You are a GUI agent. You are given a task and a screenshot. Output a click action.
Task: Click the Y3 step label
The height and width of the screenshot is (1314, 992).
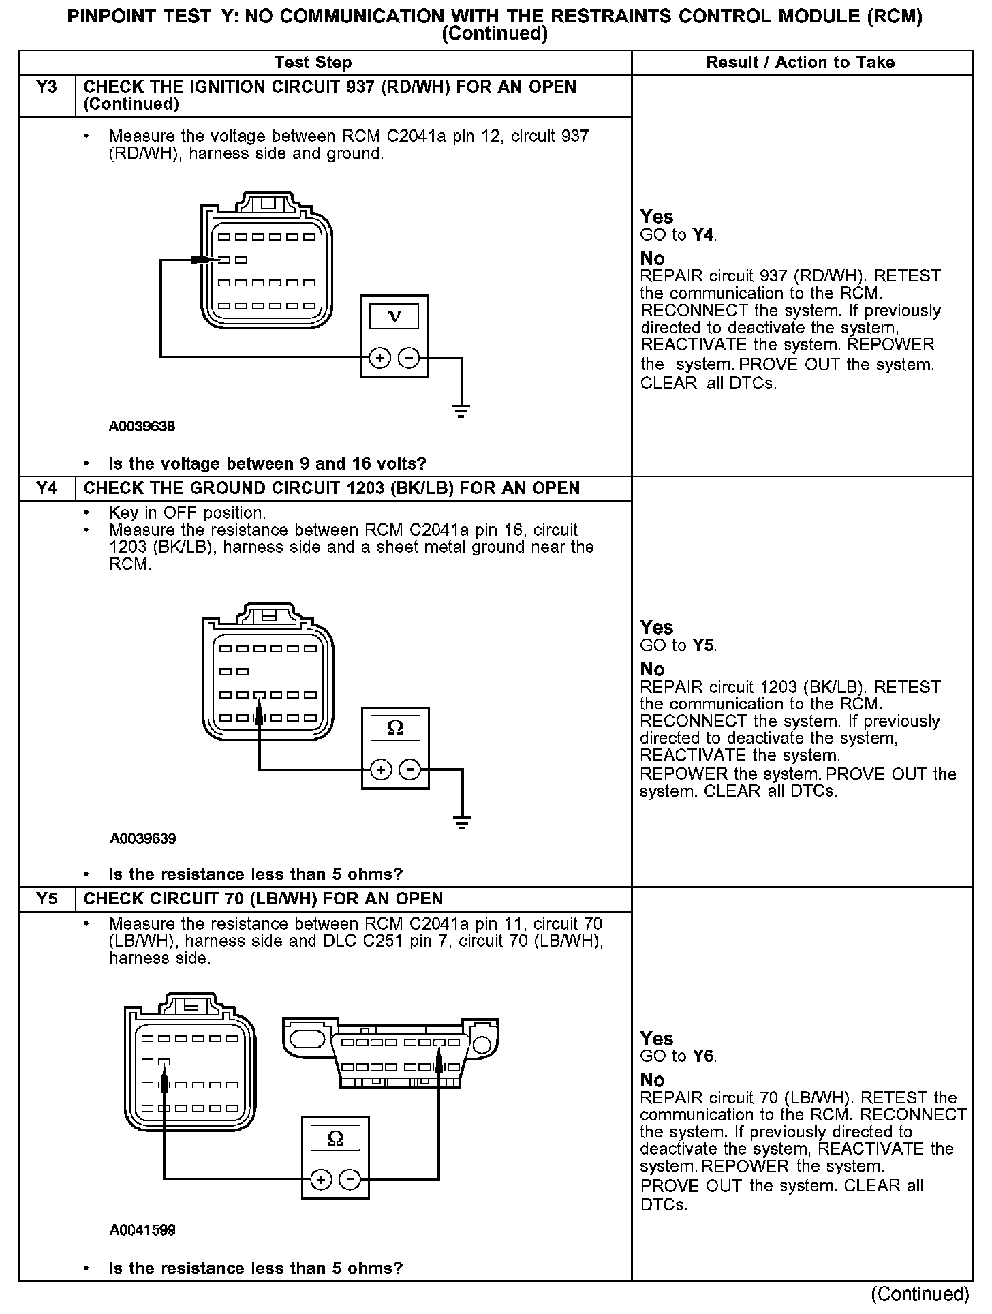point(46,88)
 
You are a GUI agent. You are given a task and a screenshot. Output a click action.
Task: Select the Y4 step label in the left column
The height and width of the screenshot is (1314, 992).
point(46,489)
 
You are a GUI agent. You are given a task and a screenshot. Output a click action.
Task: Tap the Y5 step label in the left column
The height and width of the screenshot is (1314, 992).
point(46,899)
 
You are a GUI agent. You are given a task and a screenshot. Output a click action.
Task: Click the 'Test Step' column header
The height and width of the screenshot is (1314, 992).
point(313,63)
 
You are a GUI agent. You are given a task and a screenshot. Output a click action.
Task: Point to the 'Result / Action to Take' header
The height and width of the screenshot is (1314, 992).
point(801,63)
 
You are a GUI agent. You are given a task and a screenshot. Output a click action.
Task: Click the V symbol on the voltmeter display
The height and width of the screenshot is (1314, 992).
point(394,316)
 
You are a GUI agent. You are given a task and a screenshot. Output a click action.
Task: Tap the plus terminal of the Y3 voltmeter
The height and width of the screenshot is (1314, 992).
point(379,358)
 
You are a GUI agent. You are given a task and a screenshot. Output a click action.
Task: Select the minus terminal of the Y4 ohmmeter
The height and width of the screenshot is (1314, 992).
point(410,770)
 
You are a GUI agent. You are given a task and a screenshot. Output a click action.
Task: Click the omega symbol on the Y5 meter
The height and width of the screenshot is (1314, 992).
point(335,1139)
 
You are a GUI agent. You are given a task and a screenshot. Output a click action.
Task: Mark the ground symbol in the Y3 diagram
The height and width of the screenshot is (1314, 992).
point(461,410)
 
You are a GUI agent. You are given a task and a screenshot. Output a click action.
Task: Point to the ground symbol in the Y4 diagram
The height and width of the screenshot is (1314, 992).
point(463,823)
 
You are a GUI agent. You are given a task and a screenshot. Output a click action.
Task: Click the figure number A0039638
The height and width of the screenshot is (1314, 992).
point(142,427)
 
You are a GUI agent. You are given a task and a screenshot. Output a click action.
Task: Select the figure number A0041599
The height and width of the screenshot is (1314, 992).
point(142,1230)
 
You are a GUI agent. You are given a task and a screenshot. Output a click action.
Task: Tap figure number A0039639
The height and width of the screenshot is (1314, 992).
point(142,838)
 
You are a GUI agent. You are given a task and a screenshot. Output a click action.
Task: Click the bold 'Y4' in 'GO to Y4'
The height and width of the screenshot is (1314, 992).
point(704,235)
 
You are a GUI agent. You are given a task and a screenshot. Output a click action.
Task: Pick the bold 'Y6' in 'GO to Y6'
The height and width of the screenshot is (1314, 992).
point(704,1056)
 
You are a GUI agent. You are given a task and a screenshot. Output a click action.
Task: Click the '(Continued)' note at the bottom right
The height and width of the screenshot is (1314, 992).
point(919,1294)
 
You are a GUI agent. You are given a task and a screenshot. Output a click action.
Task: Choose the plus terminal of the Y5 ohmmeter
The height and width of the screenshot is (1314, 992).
point(321,1180)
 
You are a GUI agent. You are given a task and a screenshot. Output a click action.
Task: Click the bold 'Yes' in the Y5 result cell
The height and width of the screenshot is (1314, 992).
point(657,1038)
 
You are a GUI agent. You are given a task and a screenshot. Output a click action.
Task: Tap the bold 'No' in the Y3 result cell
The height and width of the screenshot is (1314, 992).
point(652,258)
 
